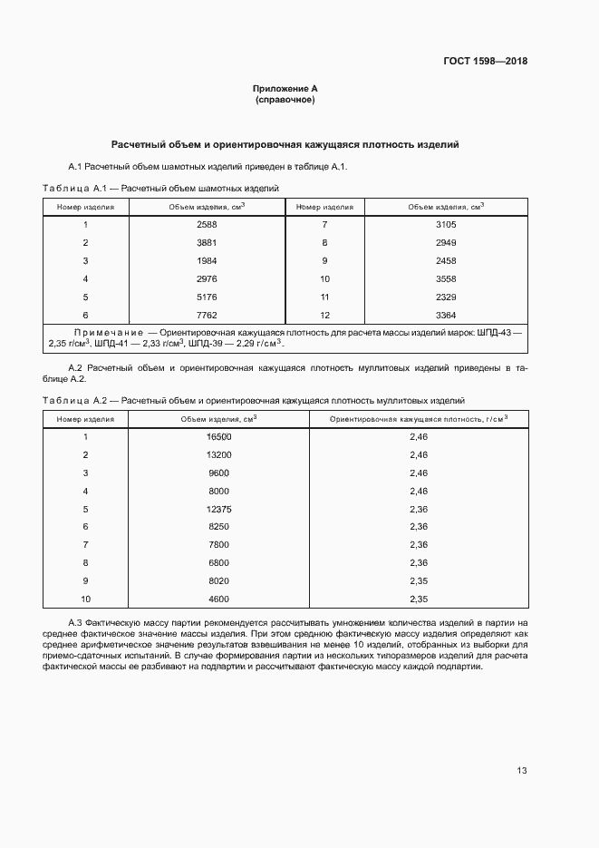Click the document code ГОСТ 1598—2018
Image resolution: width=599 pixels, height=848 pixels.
[x=485, y=62]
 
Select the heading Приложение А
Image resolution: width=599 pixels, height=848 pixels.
[x=285, y=89]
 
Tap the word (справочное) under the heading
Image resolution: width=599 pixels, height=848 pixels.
[x=285, y=100]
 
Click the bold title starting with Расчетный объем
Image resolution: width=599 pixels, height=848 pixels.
[x=285, y=143]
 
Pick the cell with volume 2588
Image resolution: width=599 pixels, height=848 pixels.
[x=207, y=224]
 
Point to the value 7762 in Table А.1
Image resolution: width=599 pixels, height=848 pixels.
[x=207, y=315]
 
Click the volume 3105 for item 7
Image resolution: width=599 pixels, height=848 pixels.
[x=445, y=224]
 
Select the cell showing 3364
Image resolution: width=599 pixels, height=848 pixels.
[x=445, y=315]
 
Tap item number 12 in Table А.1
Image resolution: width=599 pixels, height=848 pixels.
[x=324, y=315]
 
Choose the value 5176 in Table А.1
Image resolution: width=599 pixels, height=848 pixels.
[x=207, y=297]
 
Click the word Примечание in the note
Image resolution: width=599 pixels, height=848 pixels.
[x=108, y=334]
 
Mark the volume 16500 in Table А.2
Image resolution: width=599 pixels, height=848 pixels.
[x=218, y=436]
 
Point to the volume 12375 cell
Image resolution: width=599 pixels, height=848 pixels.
[x=218, y=509]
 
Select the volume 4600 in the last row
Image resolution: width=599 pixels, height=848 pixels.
[x=218, y=599]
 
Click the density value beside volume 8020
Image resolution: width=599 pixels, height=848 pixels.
[x=418, y=580]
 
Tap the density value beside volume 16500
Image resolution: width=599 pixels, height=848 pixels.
[x=418, y=436]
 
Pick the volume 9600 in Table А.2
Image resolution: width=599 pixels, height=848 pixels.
[x=218, y=473]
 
